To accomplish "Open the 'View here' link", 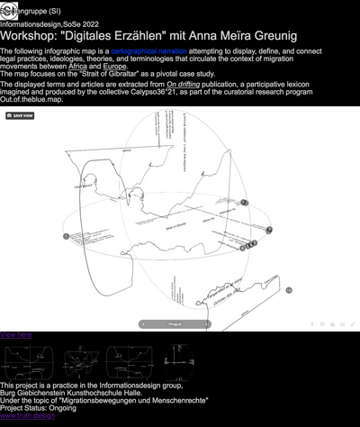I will coord(16,334).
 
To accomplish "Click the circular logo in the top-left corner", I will coord(8,10).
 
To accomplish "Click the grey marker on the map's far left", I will coord(66,236).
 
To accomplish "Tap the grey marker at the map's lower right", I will coord(289,290).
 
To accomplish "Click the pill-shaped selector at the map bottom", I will coord(175,323).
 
